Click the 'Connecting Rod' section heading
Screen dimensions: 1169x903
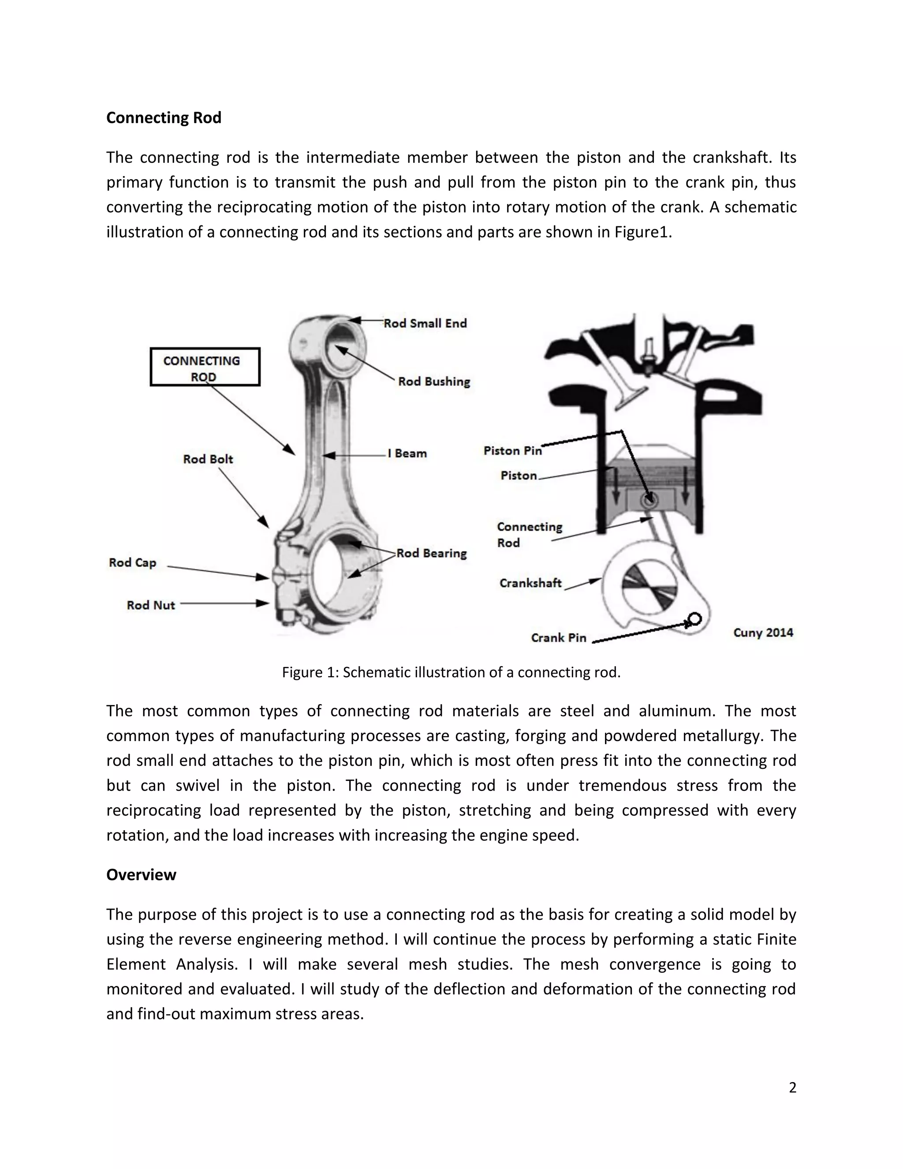coord(163,118)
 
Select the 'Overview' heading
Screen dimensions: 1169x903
coord(141,875)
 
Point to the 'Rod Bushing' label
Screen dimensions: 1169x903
coord(434,382)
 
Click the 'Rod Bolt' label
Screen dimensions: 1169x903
coord(208,459)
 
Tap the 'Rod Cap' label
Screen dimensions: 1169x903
coord(132,562)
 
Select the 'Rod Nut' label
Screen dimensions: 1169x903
coord(150,605)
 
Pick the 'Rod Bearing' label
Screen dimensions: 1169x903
coord(431,554)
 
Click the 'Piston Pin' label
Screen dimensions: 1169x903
coord(512,451)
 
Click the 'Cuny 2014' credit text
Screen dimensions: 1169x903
coord(763,633)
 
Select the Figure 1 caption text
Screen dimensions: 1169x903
coord(451,672)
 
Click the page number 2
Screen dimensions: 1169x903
coord(792,1088)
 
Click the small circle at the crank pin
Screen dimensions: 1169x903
coord(695,619)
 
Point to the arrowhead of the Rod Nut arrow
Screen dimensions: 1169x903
coord(264,603)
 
